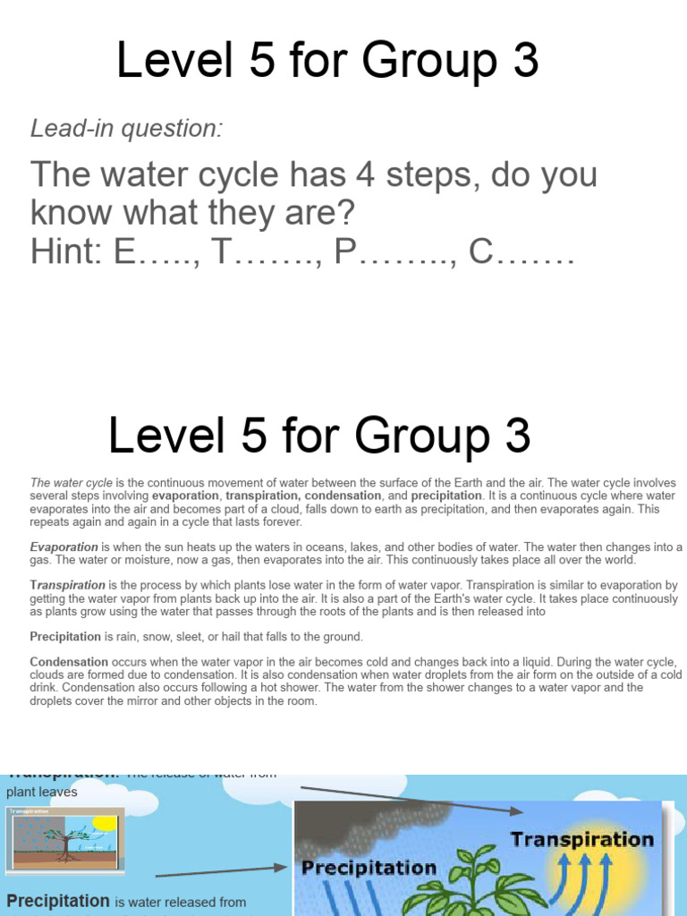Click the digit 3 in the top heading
pos(525,61)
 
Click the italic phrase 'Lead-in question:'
pos(126,129)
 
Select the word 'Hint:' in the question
pos(68,252)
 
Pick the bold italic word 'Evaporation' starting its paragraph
pos(64,547)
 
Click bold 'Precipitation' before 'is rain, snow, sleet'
pos(65,637)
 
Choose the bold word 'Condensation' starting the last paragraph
pos(70,663)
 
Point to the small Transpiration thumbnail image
pos(65,838)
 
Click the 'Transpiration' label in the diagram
pos(581,840)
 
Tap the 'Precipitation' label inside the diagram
pos(369,868)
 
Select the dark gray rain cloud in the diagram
pos(376,823)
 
